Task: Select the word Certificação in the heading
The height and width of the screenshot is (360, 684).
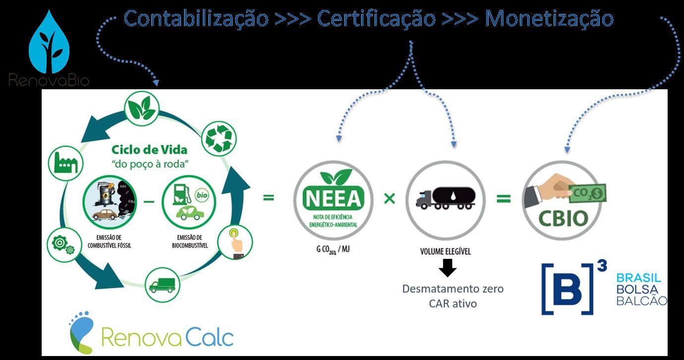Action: [x=376, y=19]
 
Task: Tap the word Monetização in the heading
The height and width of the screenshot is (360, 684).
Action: [x=549, y=19]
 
